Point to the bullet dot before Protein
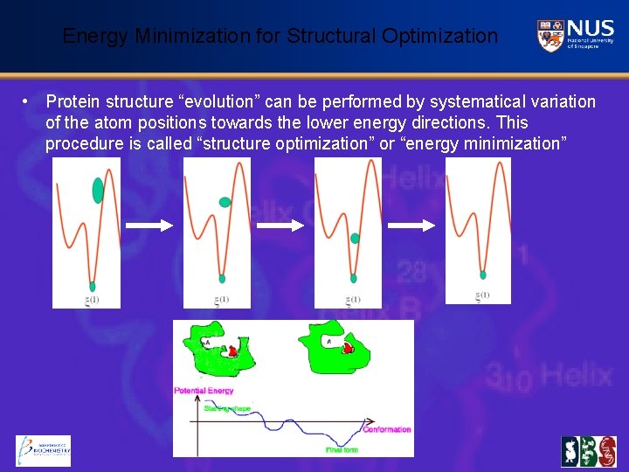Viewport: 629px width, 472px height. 28,102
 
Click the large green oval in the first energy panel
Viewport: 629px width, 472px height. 97,190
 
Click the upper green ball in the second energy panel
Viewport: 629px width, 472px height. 225,202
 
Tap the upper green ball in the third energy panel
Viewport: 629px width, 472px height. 354,238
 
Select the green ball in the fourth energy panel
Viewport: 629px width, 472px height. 482,274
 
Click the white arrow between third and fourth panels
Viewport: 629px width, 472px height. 411,226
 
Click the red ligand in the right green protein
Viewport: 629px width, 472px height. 348,348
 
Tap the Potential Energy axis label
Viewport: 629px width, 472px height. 204,391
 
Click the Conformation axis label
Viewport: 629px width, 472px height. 386,429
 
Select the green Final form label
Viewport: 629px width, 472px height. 343,449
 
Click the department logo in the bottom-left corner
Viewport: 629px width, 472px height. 43,451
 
